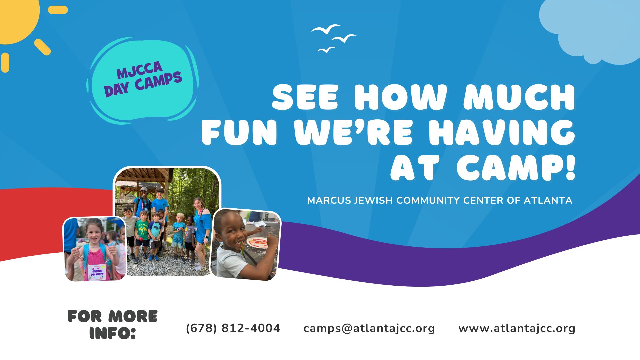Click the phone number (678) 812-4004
click(x=233, y=328)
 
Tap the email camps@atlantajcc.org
click(x=369, y=328)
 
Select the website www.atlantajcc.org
click(x=517, y=328)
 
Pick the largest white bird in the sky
click(x=326, y=30)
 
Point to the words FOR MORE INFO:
click(x=113, y=325)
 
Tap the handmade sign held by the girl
click(x=97, y=272)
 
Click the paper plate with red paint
click(x=257, y=242)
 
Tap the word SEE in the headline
click(x=305, y=97)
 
